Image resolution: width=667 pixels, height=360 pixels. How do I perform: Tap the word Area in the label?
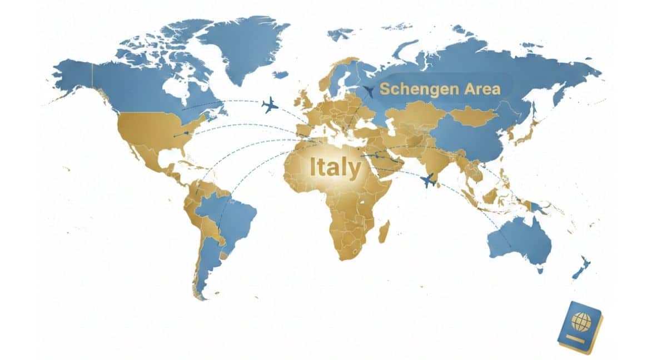tap(482, 88)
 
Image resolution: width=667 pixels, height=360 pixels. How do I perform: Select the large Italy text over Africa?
tap(335, 167)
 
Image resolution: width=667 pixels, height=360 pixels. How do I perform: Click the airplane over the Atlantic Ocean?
tap(270, 104)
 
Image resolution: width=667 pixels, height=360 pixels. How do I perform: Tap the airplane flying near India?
tap(427, 180)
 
